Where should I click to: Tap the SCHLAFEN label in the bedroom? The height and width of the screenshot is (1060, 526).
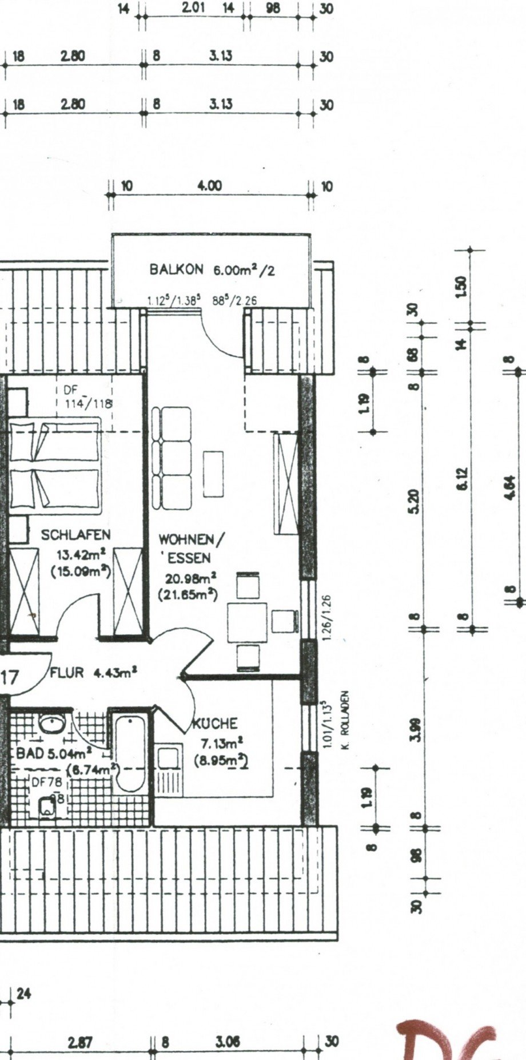point(75,535)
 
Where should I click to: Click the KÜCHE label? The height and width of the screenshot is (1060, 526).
point(214,724)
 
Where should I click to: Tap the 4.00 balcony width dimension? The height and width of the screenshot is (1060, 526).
point(209,186)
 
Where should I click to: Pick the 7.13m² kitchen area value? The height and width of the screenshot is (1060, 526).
point(221,743)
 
